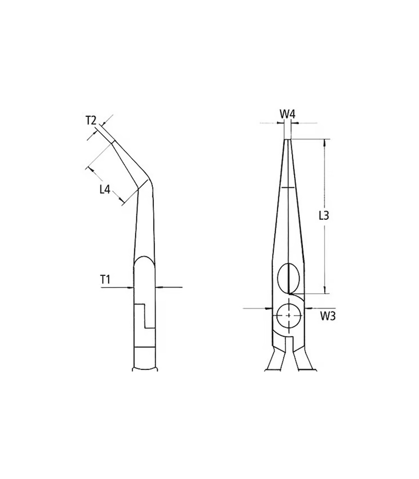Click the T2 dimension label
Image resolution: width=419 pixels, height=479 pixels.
click(x=91, y=121)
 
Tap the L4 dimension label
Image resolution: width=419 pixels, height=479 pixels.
click(x=105, y=189)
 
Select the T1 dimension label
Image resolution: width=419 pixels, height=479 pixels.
click(x=105, y=279)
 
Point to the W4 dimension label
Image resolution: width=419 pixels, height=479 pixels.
click(x=287, y=114)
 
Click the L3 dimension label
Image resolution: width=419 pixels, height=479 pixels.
click(x=324, y=216)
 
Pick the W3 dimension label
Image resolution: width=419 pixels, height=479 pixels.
click(x=328, y=316)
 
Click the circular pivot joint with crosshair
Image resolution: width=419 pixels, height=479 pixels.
click(x=289, y=315)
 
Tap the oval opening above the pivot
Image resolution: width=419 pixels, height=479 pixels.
click(x=288, y=278)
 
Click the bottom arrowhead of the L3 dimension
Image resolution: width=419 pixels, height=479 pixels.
click(x=325, y=290)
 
